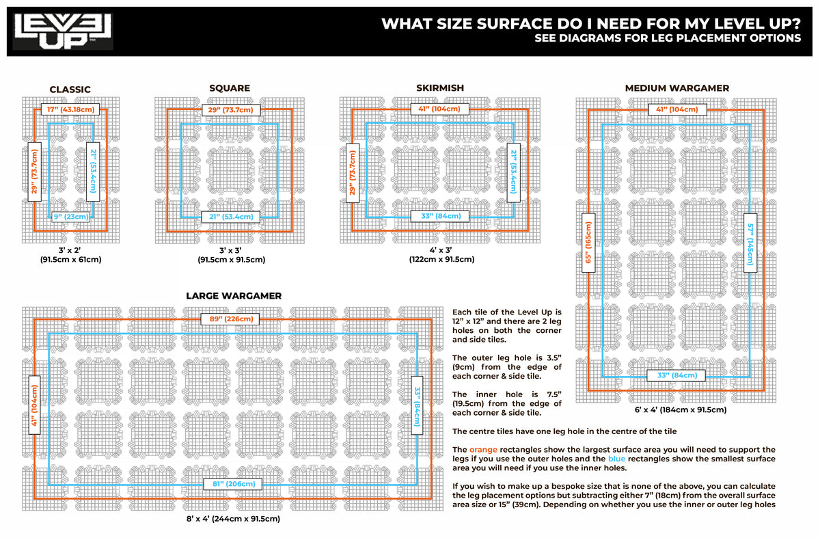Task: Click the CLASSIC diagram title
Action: pos(70,90)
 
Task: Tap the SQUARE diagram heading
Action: pos(230,88)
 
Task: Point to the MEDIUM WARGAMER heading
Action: pos(676,88)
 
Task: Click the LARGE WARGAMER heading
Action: pos(233,296)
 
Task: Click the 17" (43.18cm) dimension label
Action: pos(70,109)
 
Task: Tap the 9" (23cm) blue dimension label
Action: pos(70,217)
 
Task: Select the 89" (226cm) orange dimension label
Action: pos(230,319)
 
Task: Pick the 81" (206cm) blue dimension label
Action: pos(230,484)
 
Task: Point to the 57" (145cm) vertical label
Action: pos(751,242)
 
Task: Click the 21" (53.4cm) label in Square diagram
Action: pos(230,217)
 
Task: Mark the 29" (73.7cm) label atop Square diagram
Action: pos(230,109)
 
